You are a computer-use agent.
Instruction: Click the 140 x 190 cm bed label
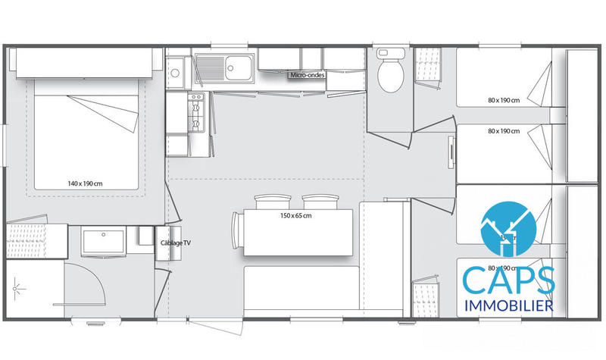point(84,183)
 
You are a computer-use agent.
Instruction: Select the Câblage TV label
point(176,243)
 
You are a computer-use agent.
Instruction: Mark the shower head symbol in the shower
point(18,286)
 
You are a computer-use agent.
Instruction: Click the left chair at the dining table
point(273,202)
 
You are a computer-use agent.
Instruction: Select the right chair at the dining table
point(318,202)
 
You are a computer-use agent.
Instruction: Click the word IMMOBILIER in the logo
point(507,305)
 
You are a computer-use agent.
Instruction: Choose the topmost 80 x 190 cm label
point(504,100)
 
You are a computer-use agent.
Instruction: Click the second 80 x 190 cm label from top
point(504,131)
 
